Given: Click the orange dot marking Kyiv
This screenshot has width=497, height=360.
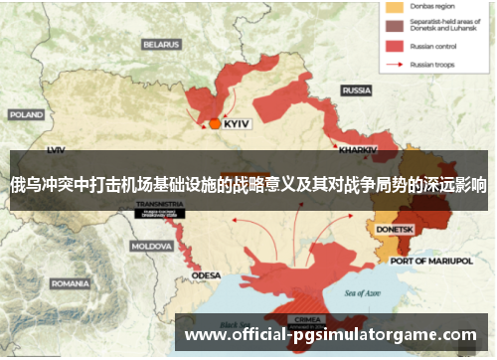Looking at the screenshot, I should [x=215, y=124].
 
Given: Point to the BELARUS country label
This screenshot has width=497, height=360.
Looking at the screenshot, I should [x=161, y=44].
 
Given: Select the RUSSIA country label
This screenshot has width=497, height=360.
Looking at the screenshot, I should [x=356, y=90].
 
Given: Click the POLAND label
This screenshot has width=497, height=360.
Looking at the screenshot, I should [x=26, y=114].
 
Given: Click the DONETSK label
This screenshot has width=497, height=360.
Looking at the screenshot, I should [x=395, y=229].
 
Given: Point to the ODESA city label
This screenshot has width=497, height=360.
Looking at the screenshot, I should [x=206, y=274].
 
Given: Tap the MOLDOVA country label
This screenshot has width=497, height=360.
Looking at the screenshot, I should [x=152, y=245].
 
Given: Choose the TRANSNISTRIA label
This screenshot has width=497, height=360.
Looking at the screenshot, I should [x=160, y=203].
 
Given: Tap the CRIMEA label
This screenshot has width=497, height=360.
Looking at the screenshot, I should [x=302, y=319].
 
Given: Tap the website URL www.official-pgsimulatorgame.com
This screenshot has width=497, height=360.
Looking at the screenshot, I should [x=331, y=334].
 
